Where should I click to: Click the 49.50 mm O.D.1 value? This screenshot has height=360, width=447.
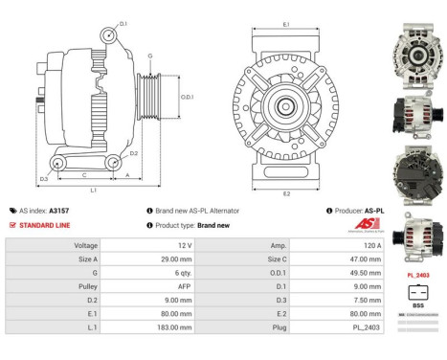351,272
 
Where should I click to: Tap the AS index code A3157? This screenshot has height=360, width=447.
59,211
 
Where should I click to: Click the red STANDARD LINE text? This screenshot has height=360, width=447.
47,226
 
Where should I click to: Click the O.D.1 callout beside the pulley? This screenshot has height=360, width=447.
189,97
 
